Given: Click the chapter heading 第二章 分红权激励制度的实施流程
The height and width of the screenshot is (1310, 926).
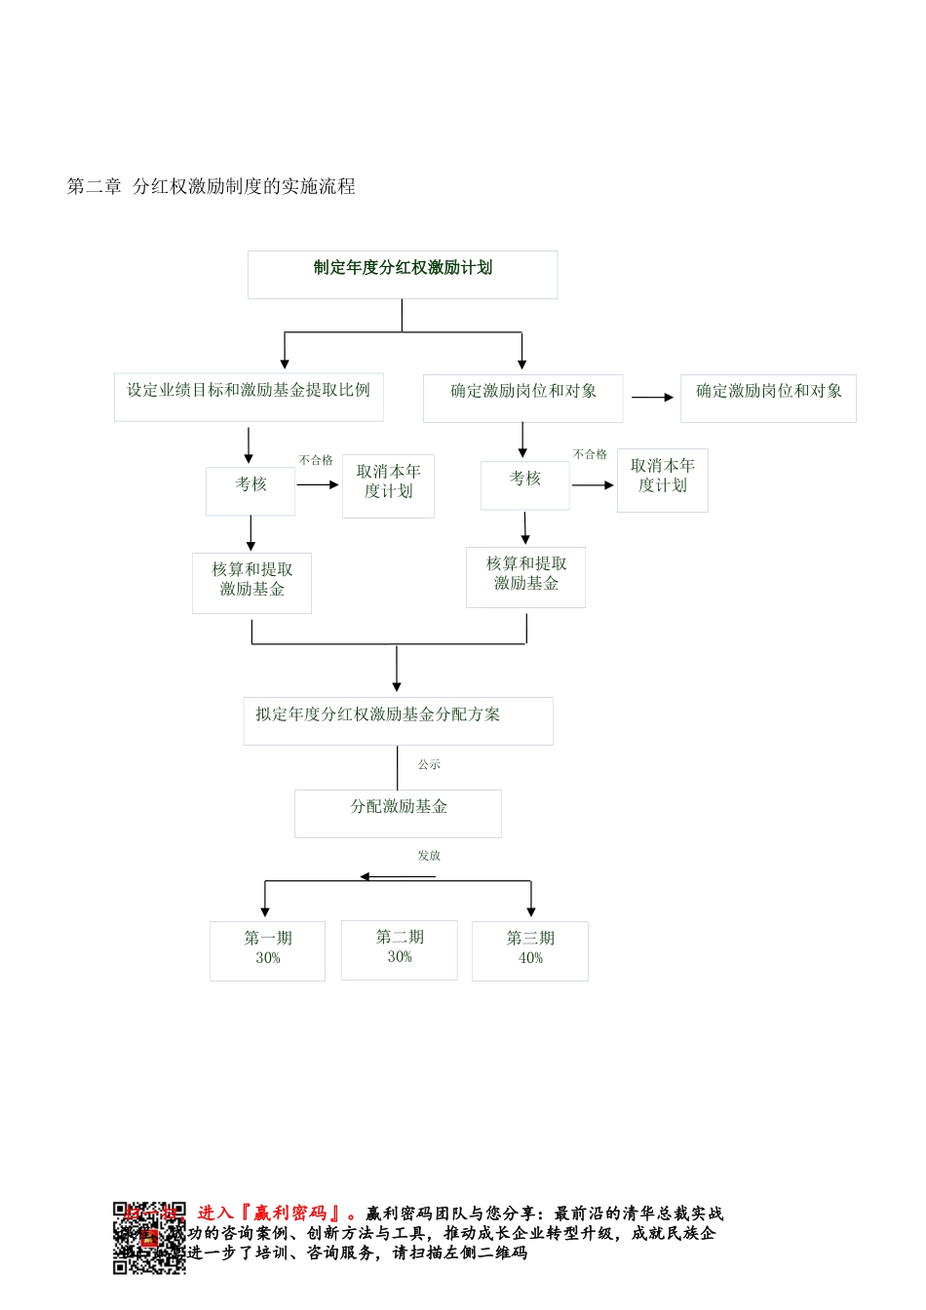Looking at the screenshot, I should coord(211,186).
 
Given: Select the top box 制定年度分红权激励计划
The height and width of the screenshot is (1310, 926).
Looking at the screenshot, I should coord(403,274).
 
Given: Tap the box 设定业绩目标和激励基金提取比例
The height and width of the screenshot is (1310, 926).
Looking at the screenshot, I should coord(249,397).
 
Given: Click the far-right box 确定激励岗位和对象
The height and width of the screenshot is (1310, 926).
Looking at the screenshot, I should coord(768,398).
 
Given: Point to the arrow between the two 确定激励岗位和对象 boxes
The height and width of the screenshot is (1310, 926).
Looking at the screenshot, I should coord(652,398).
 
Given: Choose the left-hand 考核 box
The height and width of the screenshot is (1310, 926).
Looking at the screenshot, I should coord(251,490).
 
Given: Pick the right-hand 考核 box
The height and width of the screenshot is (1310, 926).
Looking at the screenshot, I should coord(524,484).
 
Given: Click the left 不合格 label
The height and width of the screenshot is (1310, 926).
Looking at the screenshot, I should coord(316,460).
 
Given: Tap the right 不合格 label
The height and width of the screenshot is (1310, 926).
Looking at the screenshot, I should coord(590,454).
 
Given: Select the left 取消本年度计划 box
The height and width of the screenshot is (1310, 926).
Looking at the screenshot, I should coord(388,485).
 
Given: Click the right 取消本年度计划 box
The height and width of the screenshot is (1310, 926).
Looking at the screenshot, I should coord(662,480).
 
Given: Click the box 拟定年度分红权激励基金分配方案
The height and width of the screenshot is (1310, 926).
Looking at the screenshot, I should coord(398,720).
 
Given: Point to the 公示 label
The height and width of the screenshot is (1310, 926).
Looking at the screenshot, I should coord(429,765).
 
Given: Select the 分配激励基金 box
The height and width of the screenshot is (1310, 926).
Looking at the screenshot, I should coord(398,813).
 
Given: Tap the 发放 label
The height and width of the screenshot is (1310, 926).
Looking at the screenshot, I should coord(429,856).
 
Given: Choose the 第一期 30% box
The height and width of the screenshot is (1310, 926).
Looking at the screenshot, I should coord(267,950).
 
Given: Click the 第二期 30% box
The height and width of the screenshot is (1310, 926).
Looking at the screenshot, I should coord(399,949).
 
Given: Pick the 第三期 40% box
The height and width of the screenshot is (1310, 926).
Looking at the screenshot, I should coord(529,950).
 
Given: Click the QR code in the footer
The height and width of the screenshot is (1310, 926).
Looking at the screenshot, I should coord(148,1238).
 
